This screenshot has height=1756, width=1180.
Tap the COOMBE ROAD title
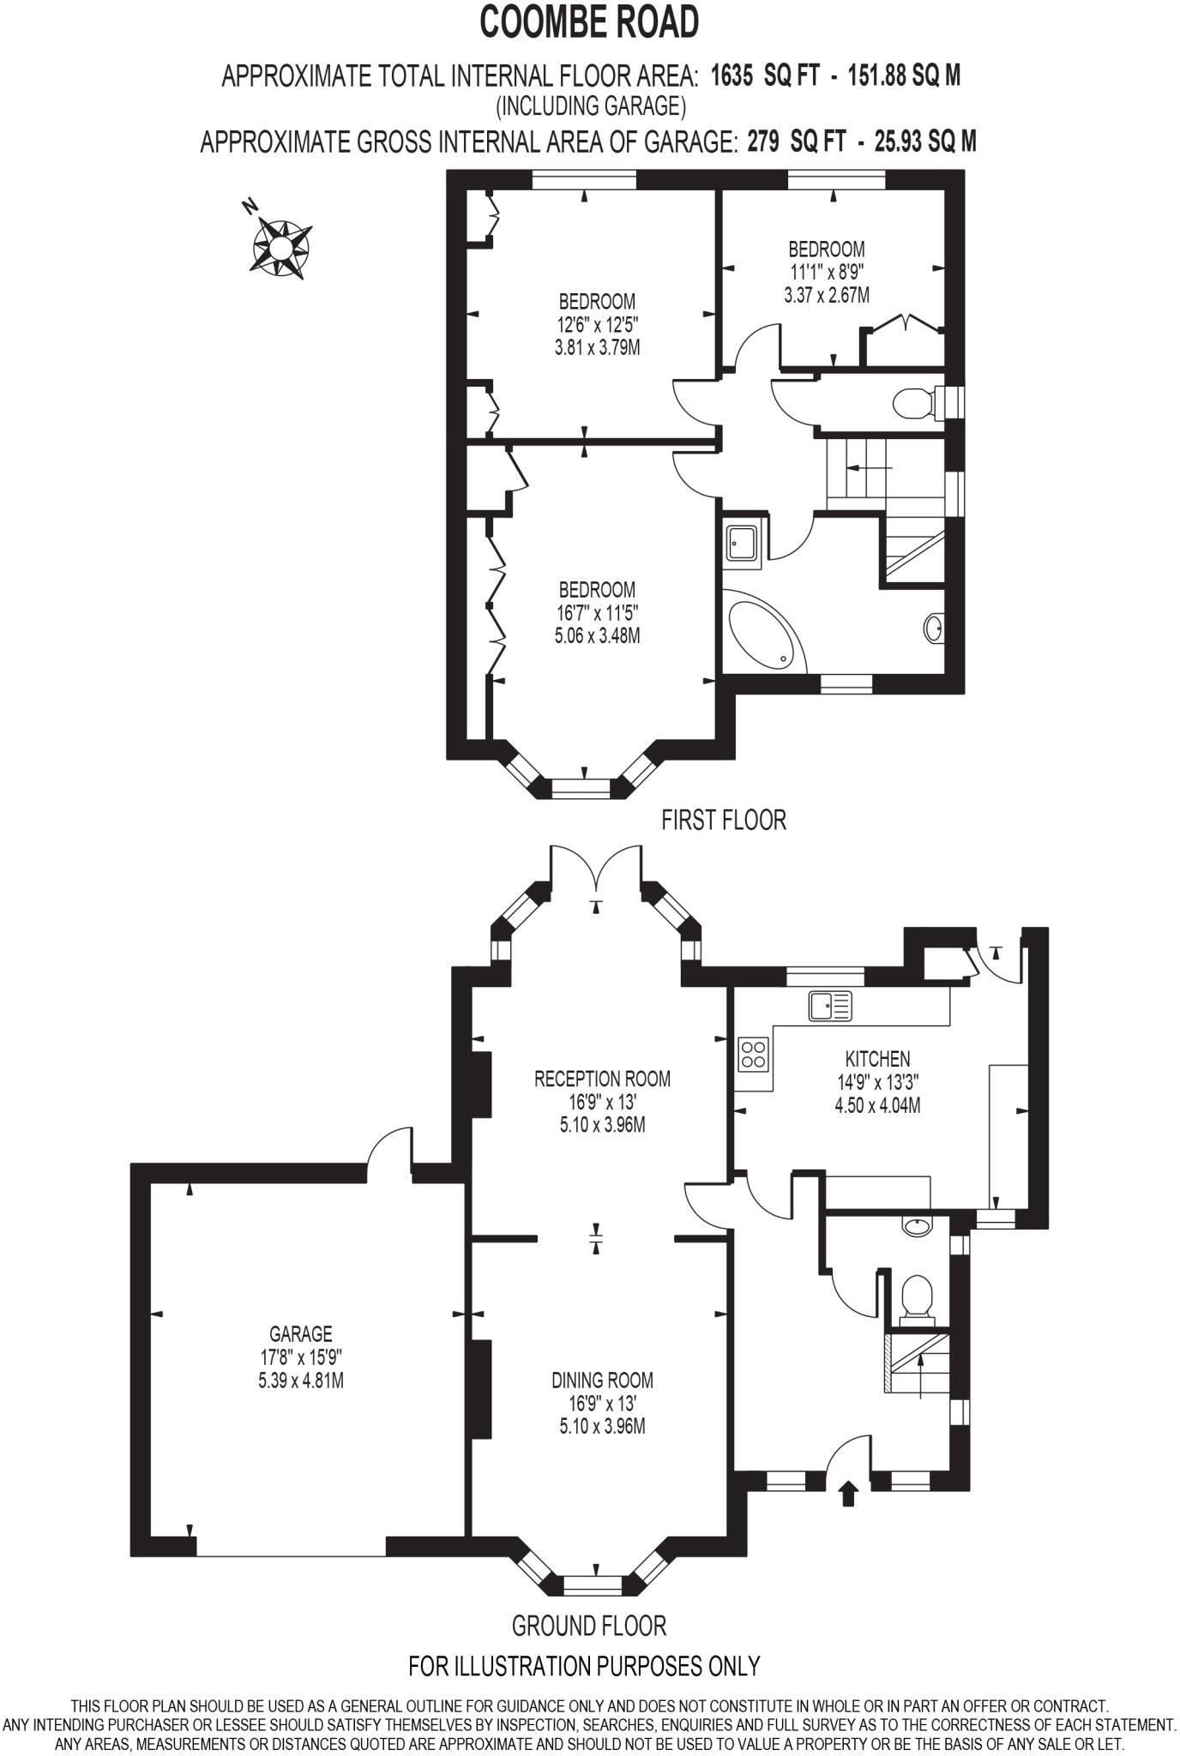[x=589, y=23]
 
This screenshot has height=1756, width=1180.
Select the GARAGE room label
[x=300, y=1334]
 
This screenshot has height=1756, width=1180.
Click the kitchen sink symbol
[x=830, y=1005]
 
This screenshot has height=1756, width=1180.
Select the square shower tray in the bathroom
[x=740, y=544]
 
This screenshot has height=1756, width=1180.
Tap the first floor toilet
[x=912, y=401]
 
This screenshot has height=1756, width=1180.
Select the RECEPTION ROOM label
[x=602, y=1079]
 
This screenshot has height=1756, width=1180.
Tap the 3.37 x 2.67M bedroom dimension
[x=826, y=296]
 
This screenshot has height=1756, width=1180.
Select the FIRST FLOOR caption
[x=723, y=820]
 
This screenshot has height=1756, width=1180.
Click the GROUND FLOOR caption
[x=588, y=1625]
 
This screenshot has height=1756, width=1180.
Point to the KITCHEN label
[x=877, y=1059]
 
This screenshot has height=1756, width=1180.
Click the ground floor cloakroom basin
[x=917, y=1226]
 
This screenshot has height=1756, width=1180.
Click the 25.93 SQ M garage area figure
[x=924, y=141]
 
